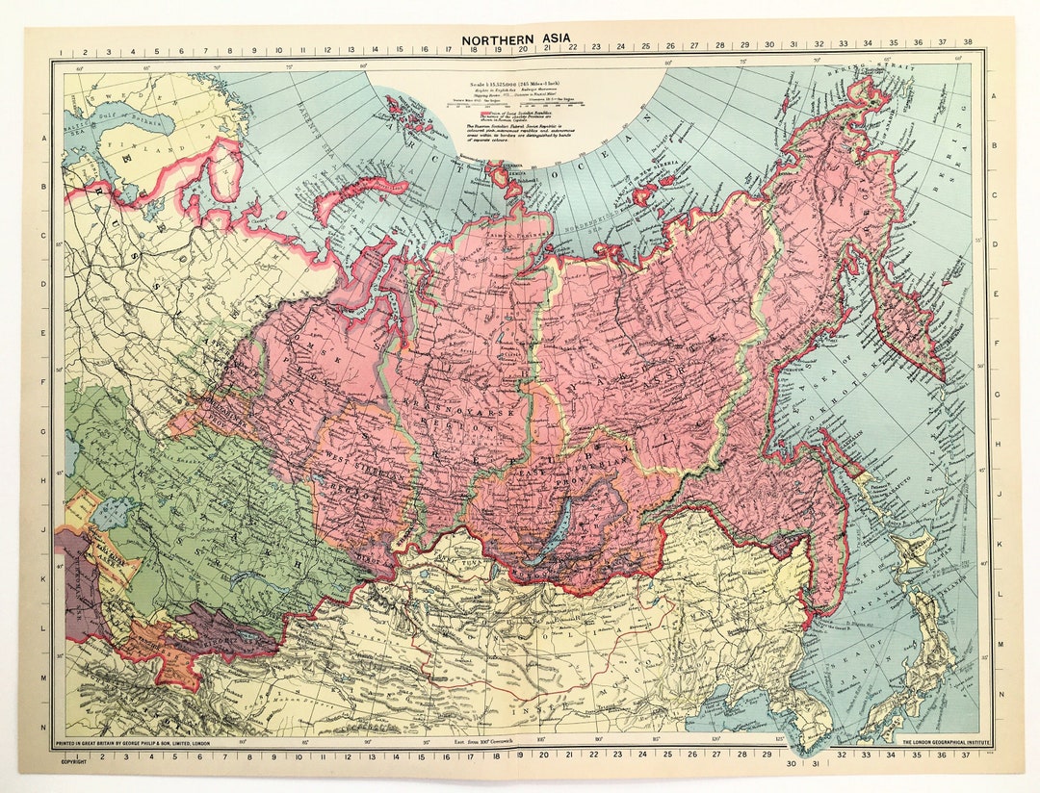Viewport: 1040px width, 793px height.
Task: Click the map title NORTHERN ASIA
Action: point(515,39)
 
